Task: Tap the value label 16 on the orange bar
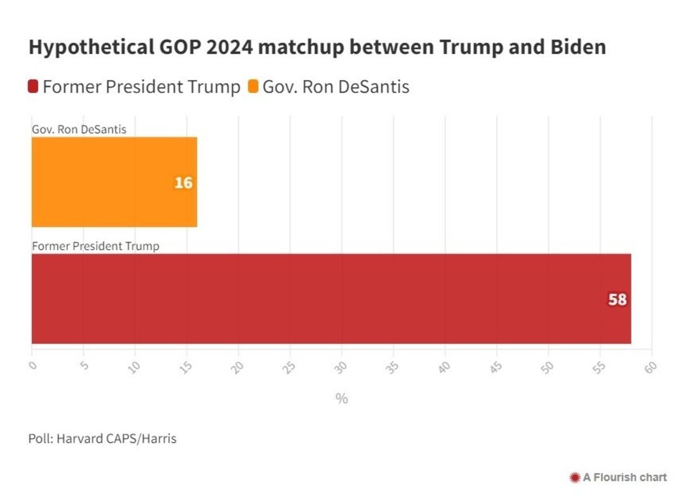click(183, 183)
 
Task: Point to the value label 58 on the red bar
click(617, 300)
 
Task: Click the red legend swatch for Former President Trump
click(33, 87)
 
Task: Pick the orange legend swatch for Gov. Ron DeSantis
click(253, 87)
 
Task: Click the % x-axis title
click(341, 399)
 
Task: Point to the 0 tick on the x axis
click(32, 366)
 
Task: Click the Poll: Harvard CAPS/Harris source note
click(102, 439)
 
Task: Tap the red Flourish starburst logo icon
click(575, 477)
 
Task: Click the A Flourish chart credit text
click(624, 477)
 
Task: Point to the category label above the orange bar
click(79, 129)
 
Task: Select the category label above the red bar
click(96, 246)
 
